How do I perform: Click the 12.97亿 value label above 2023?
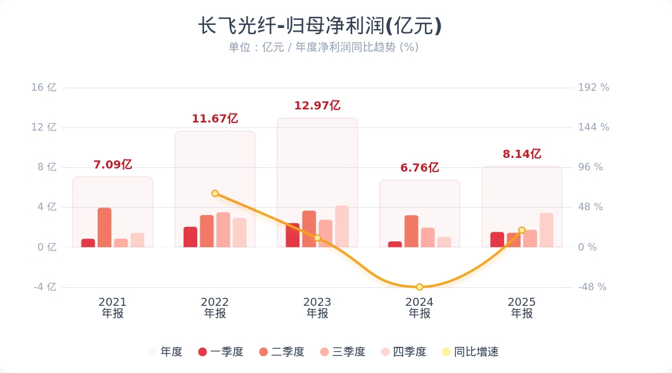point(317,106)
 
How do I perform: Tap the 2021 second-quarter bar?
point(105,228)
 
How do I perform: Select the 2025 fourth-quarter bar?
point(546,230)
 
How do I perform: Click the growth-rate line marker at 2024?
point(419,287)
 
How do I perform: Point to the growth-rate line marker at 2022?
point(215,193)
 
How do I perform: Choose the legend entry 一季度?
point(220,352)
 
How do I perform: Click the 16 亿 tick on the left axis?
point(44,88)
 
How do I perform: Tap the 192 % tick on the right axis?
point(594,88)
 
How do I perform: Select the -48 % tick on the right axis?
point(592,287)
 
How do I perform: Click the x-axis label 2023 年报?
point(317,308)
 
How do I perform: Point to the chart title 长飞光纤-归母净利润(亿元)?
point(320,26)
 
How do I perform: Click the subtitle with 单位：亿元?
point(324,47)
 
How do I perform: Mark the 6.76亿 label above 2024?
point(419,168)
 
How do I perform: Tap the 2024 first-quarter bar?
point(395,244)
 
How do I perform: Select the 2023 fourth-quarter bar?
point(342,226)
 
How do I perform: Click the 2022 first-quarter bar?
point(190,237)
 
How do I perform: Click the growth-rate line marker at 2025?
point(522,230)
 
